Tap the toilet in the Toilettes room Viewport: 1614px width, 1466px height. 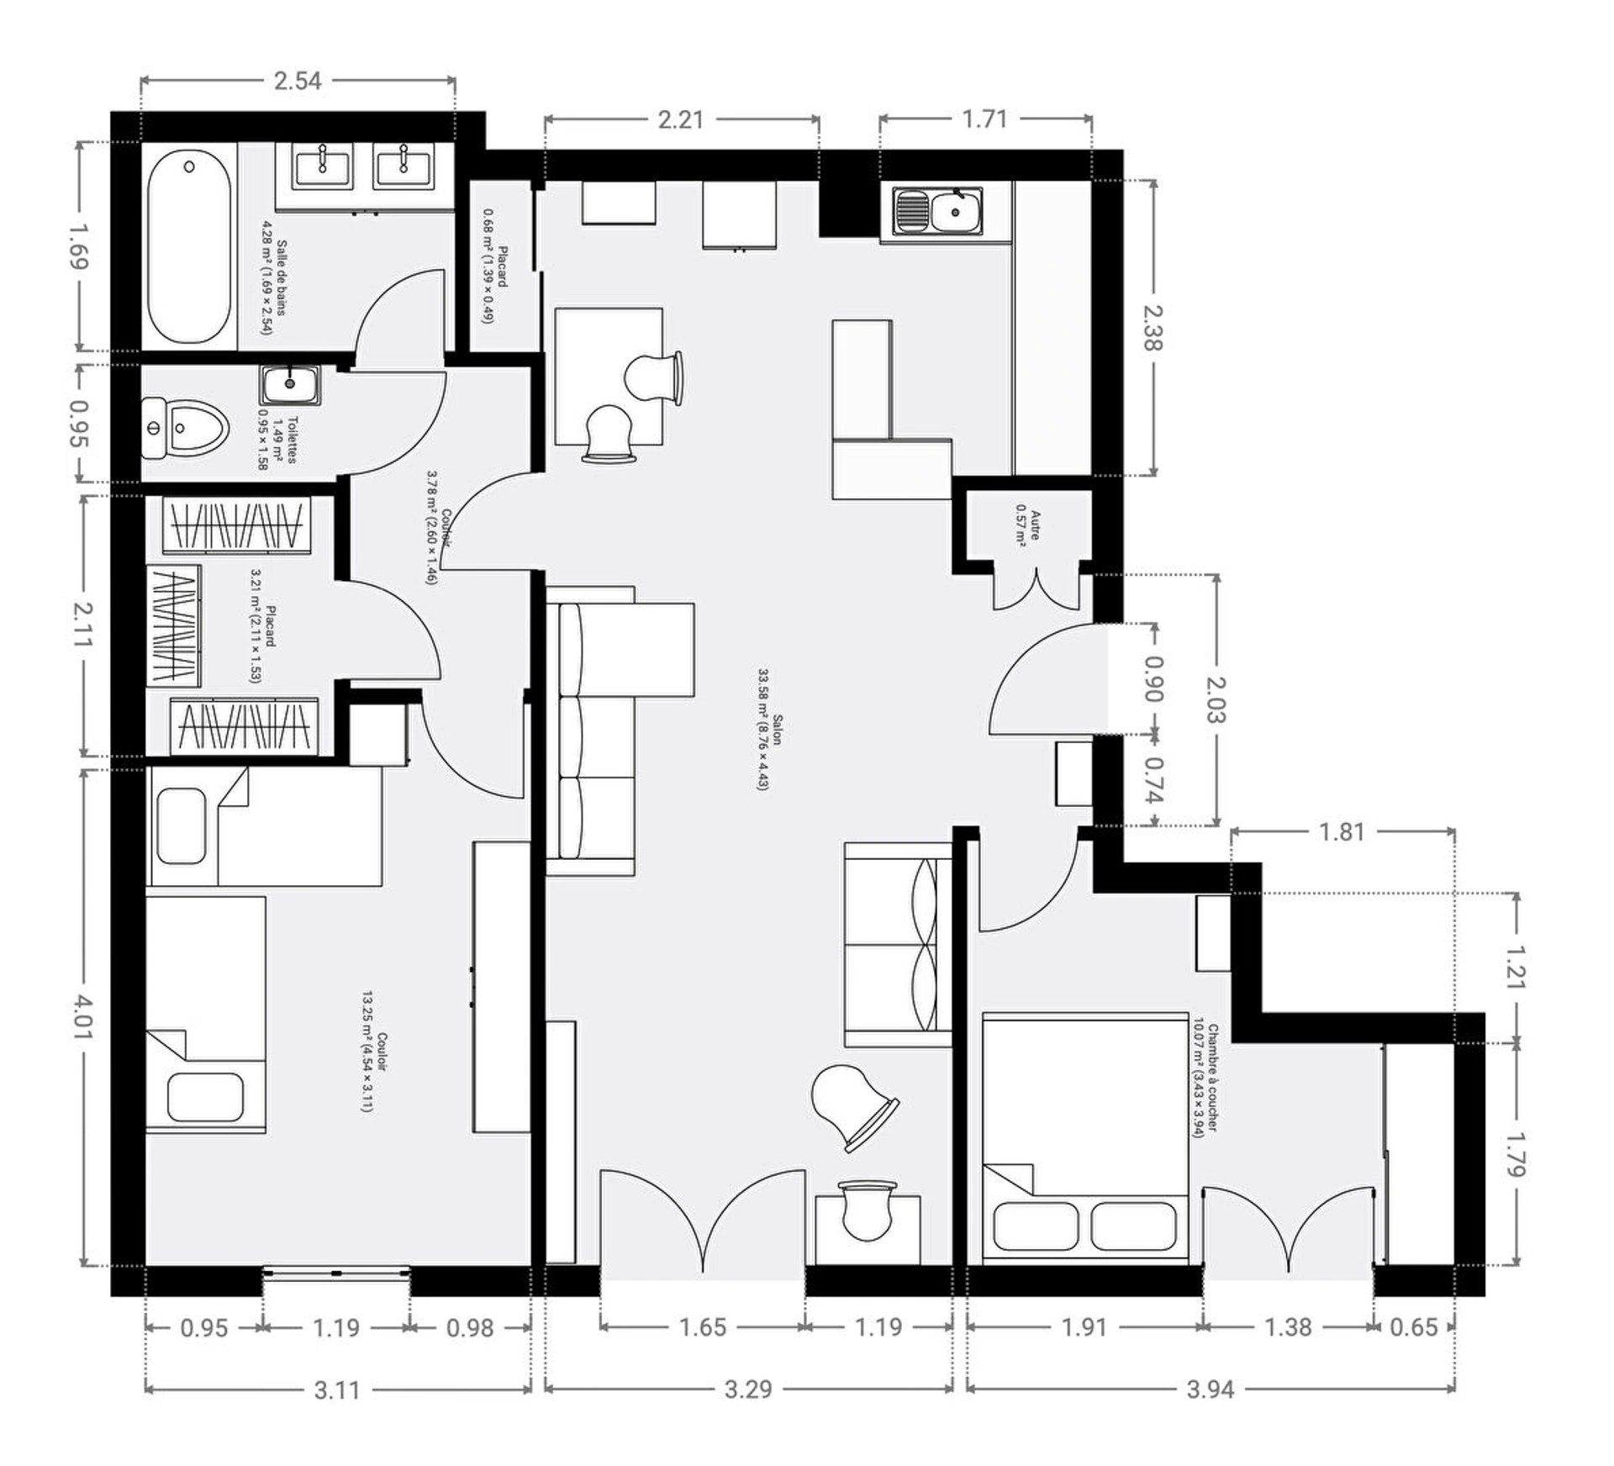pos(185,429)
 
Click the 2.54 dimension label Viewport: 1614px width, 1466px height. pos(298,81)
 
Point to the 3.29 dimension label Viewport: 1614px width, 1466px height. pos(748,1389)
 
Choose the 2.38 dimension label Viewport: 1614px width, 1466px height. pos(1154,328)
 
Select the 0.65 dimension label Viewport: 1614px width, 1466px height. pos(1414,1327)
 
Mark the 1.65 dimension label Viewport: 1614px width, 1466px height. pos(703,1327)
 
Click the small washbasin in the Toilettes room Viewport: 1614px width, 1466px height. pos(290,384)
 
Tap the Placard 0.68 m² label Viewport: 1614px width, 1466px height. pos(495,266)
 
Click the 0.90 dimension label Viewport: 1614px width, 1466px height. pos(1154,678)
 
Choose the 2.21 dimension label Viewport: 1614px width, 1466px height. pos(681,119)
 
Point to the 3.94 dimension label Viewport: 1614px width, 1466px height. pos(1210,1389)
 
